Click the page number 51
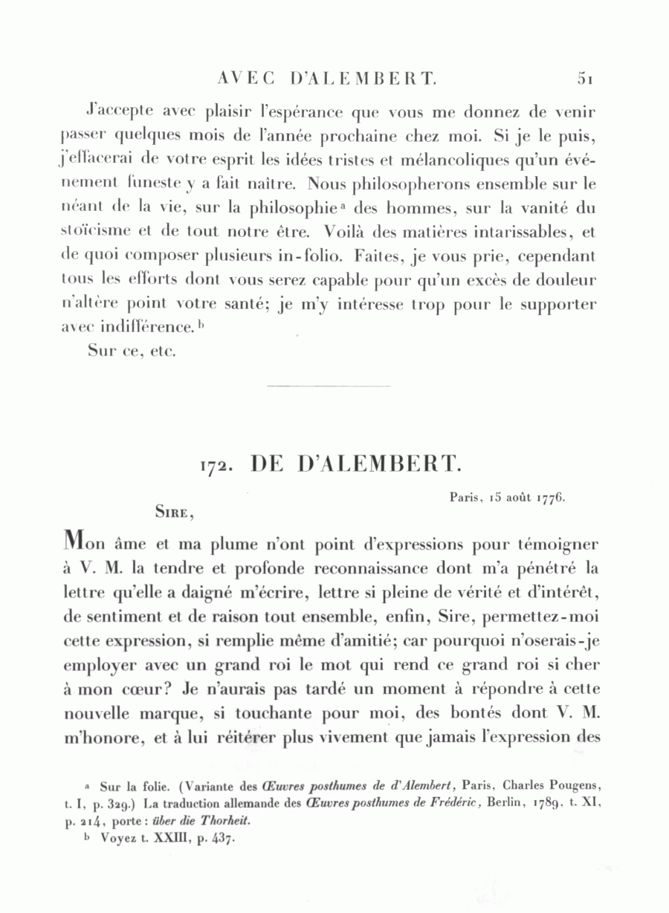point(583,77)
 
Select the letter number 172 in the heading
point(217,465)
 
